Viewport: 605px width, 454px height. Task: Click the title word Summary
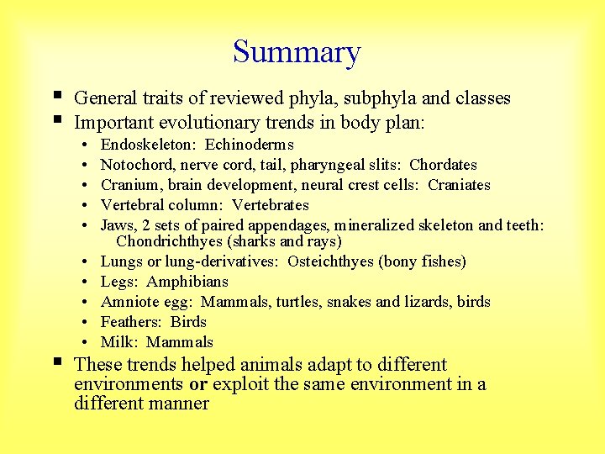(x=297, y=52)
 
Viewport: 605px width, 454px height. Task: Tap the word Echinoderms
(x=250, y=145)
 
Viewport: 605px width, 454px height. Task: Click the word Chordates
(x=443, y=165)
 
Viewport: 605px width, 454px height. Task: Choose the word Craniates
(x=459, y=185)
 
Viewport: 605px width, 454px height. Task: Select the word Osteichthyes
(x=330, y=261)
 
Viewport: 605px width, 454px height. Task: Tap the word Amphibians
(x=187, y=282)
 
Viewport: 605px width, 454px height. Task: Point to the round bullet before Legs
(x=87, y=282)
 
